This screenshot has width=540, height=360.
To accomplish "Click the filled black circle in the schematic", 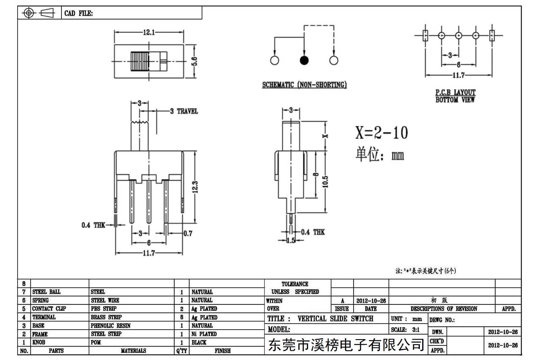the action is (304, 60).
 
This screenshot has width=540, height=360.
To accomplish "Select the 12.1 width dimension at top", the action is (149, 32).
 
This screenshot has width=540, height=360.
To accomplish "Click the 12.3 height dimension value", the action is (195, 187).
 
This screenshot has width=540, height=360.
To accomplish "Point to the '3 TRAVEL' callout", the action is (184, 111).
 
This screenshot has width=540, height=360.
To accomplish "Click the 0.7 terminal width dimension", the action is (188, 233).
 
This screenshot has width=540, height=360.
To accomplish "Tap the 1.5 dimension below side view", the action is (291, 240).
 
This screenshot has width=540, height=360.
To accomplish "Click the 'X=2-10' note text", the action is (381, 132).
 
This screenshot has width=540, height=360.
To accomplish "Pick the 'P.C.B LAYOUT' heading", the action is (455, 92).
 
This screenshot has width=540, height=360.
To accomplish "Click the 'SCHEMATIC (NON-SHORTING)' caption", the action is (304, 85).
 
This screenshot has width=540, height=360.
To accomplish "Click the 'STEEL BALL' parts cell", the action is (46, 292).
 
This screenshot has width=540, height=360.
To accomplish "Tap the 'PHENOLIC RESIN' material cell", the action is (111, 325).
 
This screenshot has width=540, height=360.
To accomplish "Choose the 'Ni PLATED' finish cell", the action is (204, 334).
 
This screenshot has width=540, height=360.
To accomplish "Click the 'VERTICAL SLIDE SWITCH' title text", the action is (335, 319).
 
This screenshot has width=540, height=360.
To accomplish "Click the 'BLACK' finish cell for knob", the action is (199, 342).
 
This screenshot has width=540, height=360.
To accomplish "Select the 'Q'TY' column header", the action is (182, 351).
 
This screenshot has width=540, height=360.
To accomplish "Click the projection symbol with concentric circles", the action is (29, 13).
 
